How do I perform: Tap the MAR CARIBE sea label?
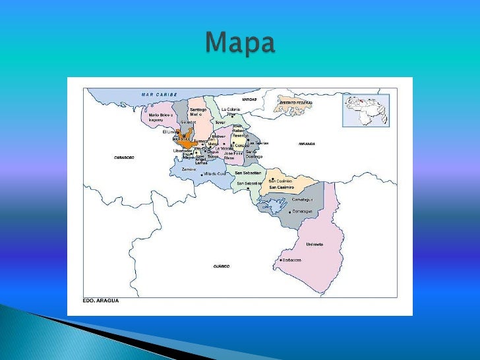point(160,94)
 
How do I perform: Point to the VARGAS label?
point(249,99)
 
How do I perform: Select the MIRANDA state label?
point(307,143)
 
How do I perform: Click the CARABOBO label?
point(124,158)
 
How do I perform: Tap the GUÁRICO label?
point(221,266)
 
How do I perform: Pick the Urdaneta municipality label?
point(315,244)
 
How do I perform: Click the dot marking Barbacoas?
point(281,260)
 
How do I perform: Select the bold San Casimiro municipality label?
point(282,187)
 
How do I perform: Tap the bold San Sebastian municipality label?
point(248,173)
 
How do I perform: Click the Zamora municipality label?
point(189,169)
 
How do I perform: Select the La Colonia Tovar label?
point(231,111)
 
